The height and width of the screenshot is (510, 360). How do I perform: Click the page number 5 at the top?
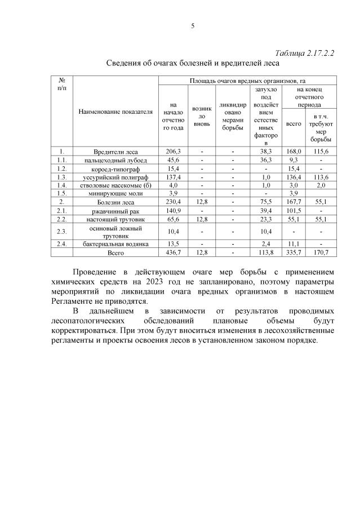tap(193, 25)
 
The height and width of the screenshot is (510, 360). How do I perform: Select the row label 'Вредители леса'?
tap(116, 152)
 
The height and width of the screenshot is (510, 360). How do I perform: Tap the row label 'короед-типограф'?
tap(116, 168)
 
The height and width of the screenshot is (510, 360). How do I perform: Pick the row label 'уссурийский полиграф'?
tap(116, 177)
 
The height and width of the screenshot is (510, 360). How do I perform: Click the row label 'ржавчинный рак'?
tap(116, 210)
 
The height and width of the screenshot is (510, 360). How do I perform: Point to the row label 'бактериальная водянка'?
tap(116, 244)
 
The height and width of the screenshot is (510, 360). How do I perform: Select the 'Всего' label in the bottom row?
tap(116, 253)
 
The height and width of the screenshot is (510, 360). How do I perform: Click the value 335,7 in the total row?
tap(294, 253)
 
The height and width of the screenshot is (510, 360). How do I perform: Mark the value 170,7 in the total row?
tap(321, 253)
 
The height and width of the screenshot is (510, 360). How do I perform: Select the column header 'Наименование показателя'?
tap(116, 112)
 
